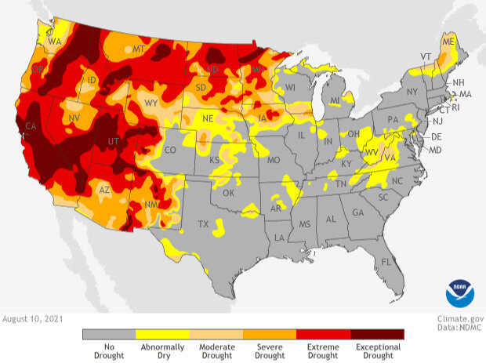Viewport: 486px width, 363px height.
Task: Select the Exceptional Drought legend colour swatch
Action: click(x=377, y=334)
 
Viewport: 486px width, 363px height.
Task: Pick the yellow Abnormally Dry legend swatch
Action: click(x=162, y=334)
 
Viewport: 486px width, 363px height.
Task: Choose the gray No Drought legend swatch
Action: click(x=109, y=334)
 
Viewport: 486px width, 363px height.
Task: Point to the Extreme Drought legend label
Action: click(x=323, y=350)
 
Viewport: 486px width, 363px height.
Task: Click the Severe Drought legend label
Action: click(x=270, y=350)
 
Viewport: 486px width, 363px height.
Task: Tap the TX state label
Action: click(x=204, y=223)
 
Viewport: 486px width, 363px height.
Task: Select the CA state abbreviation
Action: click(x=32, y=126)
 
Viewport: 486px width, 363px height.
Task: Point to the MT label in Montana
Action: click(x=140, y=49)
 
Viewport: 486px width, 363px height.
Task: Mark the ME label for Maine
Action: click(x=448, y=41)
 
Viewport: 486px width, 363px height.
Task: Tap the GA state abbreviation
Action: click(x=358, y=212)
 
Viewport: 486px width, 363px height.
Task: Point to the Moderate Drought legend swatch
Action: click(x=216, y=334)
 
